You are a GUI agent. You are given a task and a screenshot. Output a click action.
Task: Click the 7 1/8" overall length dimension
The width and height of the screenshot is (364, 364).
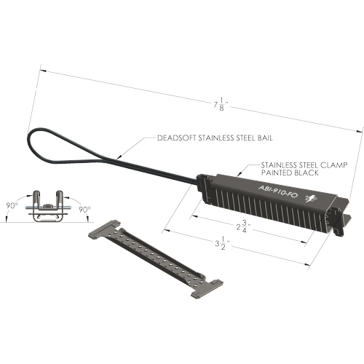[x=221, y=105]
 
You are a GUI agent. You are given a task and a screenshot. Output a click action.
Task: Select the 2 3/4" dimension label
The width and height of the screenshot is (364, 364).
[x=243, y=226]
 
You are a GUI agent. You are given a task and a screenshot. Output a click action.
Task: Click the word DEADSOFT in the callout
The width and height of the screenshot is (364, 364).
[x=177, y=138]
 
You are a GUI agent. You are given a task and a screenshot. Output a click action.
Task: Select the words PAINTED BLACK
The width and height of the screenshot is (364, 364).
[x=290, y=173]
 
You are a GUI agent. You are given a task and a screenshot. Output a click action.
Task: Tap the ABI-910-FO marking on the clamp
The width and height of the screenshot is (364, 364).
[x=278, y=191]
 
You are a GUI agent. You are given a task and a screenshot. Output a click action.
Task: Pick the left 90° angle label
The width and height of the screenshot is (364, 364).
[x=12, y=206]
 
